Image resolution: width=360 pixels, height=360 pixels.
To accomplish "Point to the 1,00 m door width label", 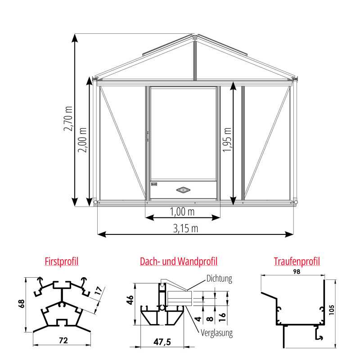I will point(182,211).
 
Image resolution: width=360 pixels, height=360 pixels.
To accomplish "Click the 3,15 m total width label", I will point(185,228).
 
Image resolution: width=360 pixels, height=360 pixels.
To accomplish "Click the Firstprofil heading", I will point(62,261).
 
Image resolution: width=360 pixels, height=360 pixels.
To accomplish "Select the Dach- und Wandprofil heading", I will point(179,261).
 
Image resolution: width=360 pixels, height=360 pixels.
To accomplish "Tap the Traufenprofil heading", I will point(297,261).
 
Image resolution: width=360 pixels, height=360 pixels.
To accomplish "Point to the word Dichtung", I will point(219,279).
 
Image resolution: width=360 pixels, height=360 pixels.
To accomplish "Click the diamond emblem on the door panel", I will point(184,190).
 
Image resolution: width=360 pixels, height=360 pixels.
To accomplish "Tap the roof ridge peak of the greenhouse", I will point(195,35).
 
